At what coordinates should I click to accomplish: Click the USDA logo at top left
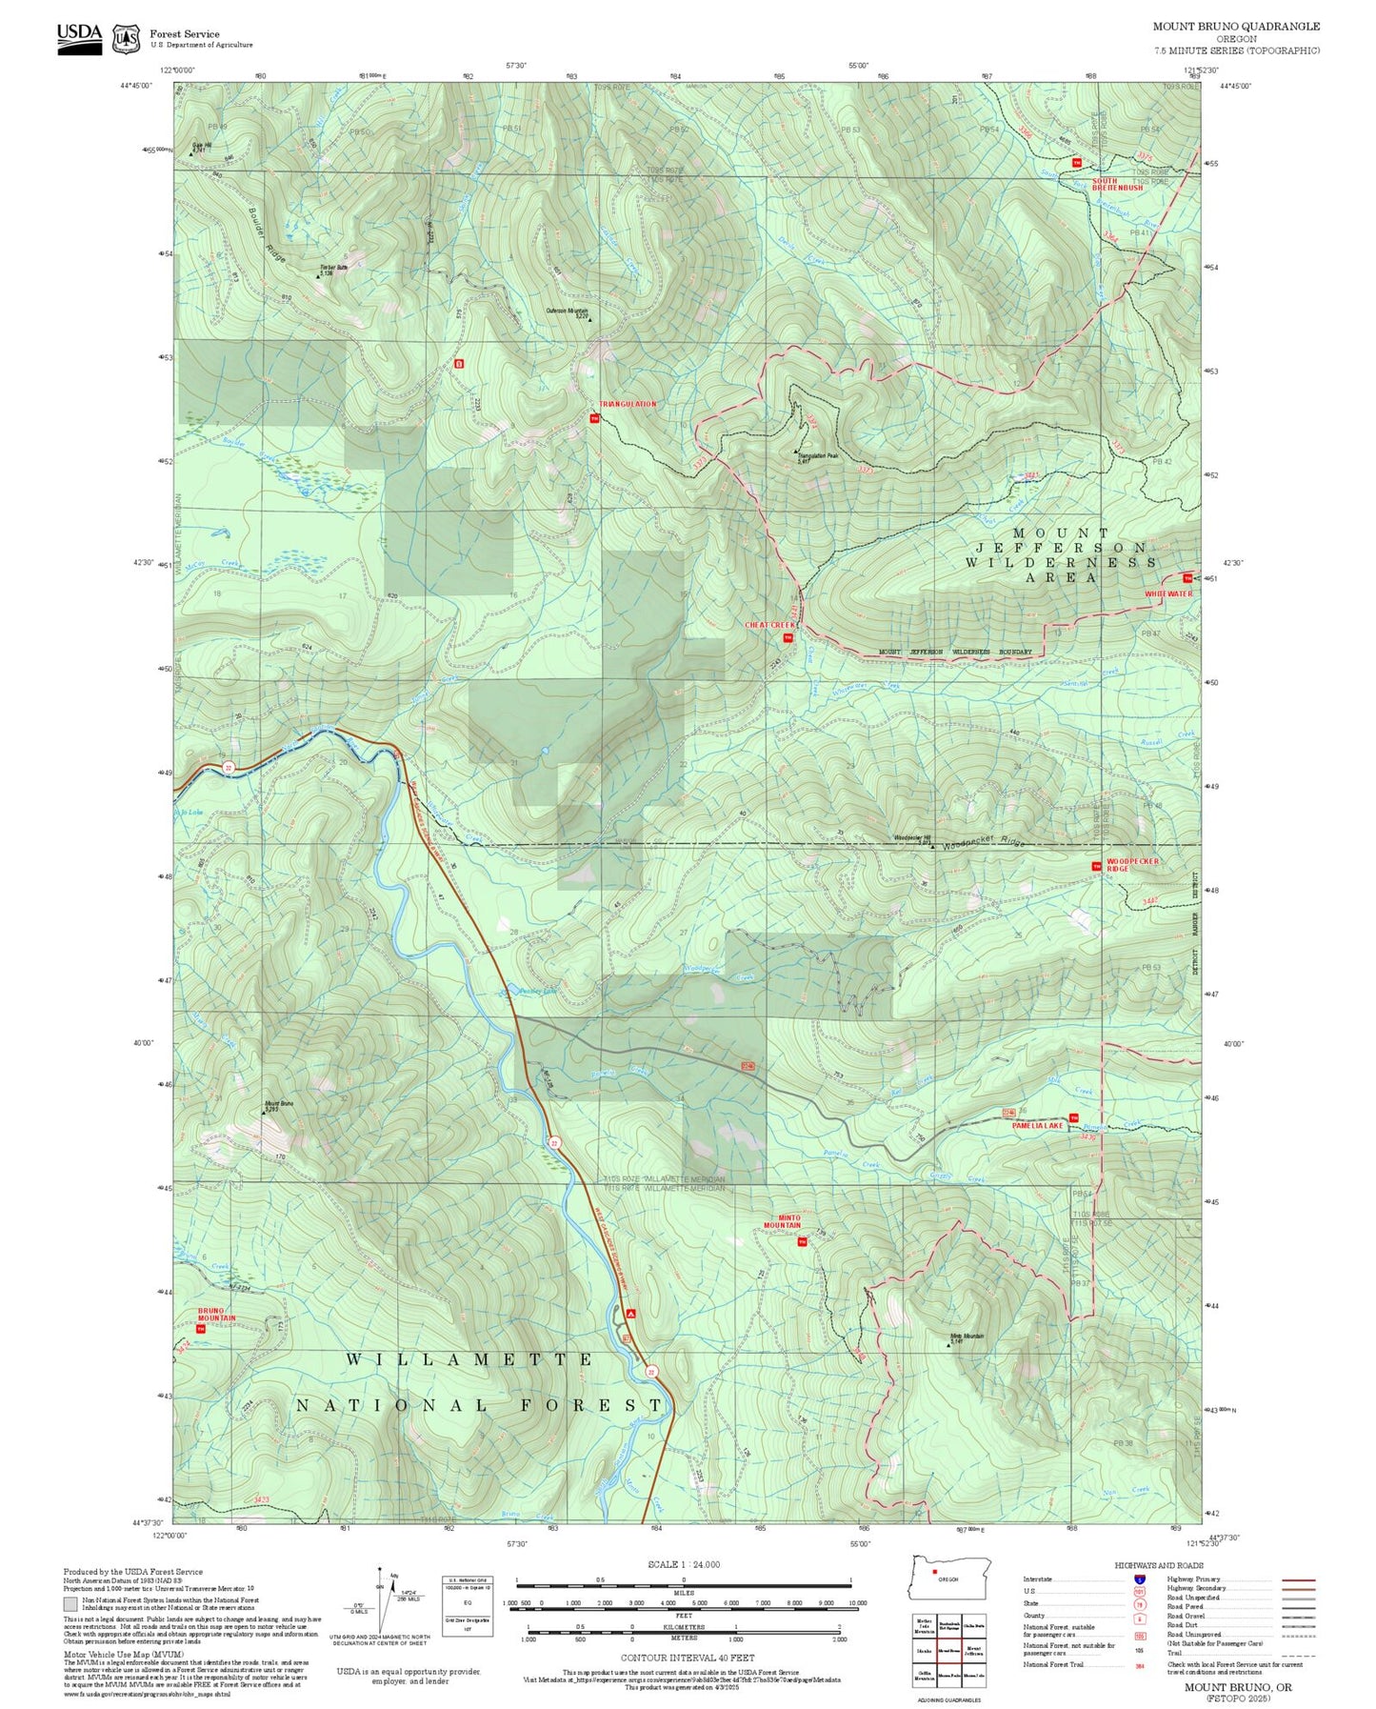[79, 38]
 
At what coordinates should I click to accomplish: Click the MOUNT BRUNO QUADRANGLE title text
[1236, 27]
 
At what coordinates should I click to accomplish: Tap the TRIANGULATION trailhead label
[628, 404]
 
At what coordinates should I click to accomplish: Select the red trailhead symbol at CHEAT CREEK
[788, 637]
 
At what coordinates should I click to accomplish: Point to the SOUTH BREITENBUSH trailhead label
[1116, 184]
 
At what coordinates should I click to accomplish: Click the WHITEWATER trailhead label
[1167, 593]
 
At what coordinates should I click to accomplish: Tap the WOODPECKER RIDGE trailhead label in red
[1131, 864]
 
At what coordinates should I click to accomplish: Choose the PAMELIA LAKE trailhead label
[1037, 1125]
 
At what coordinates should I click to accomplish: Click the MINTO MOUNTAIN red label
[782, 1221]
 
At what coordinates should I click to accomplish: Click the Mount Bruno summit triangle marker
[266, 1111]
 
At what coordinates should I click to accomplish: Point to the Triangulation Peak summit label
[817, 456]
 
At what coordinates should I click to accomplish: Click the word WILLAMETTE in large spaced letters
[469, 1359]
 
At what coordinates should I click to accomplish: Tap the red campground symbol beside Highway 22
[630, 1313]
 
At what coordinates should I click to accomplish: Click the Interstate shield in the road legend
[1139, 1578]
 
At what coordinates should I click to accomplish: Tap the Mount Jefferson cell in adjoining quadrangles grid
[973, 1651]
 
